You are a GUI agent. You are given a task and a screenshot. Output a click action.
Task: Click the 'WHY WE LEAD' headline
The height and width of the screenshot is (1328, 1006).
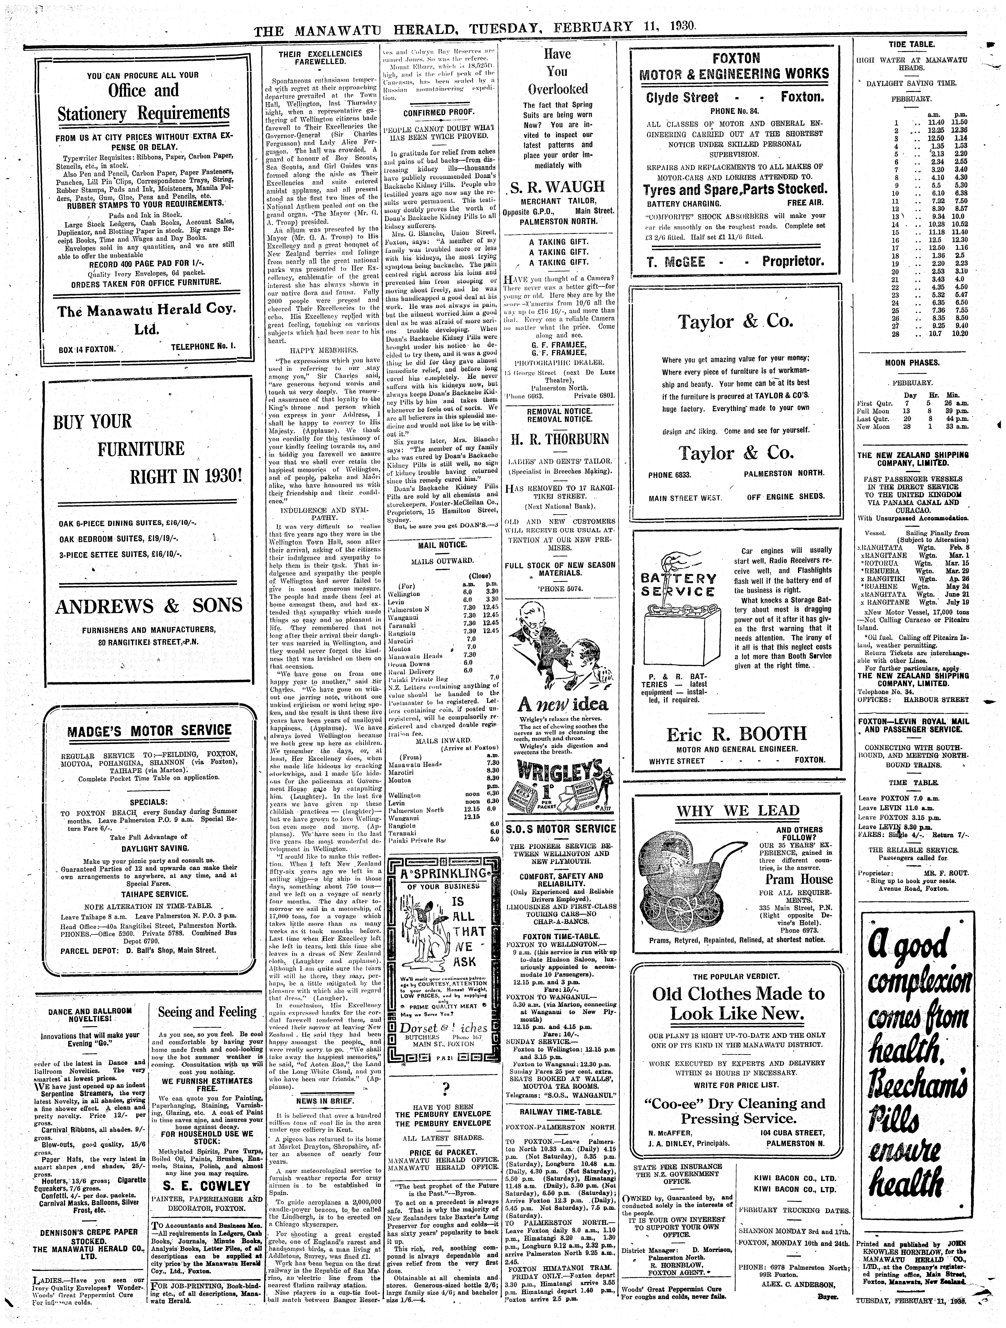click(x=738, y=810)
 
